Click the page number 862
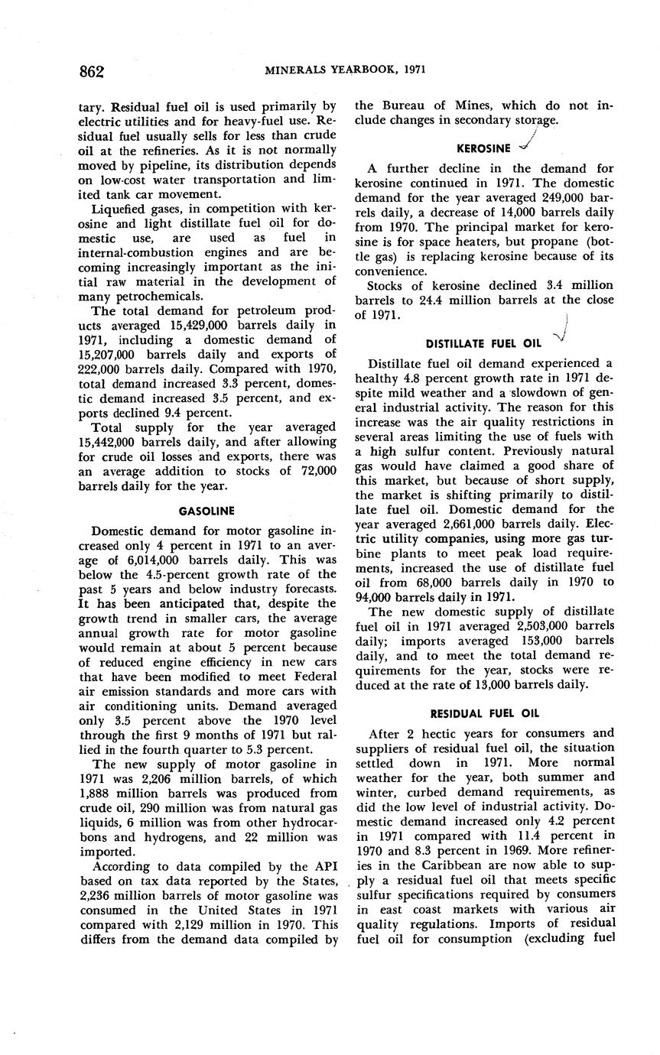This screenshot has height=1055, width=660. pos(91,71)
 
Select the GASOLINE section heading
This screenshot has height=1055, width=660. pos(206,510)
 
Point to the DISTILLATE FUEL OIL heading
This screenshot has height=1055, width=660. pos(483,343)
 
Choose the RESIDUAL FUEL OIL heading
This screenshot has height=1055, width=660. pos(484,713)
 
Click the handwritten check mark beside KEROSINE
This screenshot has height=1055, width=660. pos(526,143)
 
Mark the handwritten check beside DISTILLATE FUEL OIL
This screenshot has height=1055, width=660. pos(561,334)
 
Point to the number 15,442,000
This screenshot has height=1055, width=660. pos(109,441)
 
